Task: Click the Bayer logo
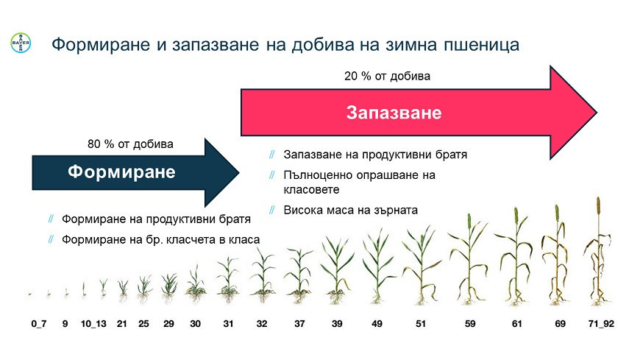coord(21,44)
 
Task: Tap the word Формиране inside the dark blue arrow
coord(122,172)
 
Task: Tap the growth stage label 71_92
coord(602,323)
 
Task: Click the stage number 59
coord(471,323)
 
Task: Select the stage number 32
coord(262,323)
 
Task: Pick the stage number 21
coord(122,323)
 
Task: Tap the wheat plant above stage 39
coord(336,269)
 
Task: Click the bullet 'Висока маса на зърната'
coord(350,210)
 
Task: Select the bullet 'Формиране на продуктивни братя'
coord(156,219)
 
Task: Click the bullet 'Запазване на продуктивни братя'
coord(375,155)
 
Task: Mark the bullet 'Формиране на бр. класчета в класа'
coord(160,239)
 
